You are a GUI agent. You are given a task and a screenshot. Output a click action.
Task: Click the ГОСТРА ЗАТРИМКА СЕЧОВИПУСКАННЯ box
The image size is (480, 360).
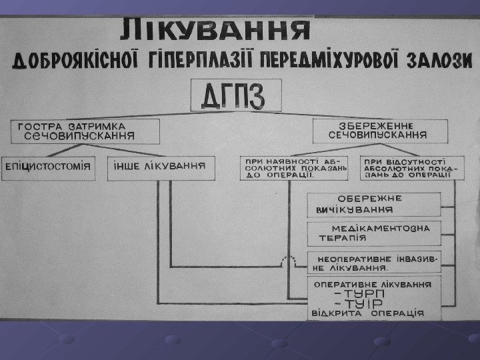pos(84,131)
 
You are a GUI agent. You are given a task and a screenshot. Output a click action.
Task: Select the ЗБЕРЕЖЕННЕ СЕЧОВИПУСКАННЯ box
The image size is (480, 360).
pos(379,130)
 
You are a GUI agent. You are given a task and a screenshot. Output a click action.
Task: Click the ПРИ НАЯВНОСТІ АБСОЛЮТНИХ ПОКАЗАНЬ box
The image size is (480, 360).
pos(295,168)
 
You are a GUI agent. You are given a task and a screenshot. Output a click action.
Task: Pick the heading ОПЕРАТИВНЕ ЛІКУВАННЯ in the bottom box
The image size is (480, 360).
pos(373,284)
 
